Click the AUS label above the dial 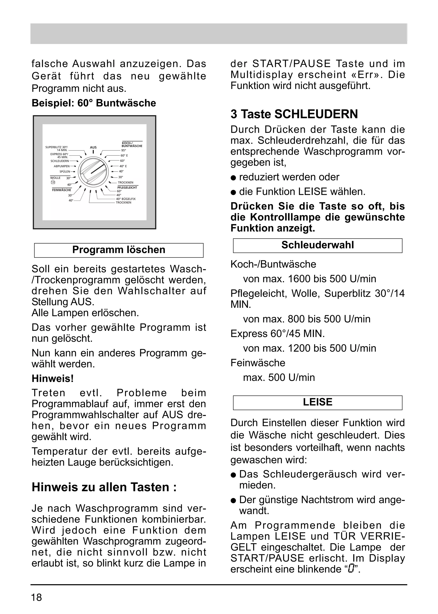pos(93,148)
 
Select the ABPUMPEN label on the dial pos(62,166)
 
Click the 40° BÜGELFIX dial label pos(126,199)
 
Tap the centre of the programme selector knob pos(93,172)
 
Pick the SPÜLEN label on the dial pos(65,172)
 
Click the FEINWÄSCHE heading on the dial pos(62,190)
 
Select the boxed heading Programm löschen pos(119,250)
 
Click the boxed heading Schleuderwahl pos(317,245)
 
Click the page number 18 pos(37,598)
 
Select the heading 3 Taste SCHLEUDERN pos(294,114)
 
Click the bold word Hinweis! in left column pos(53,379)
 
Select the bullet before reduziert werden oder pos(233,178)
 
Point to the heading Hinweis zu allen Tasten pos(104,487)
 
